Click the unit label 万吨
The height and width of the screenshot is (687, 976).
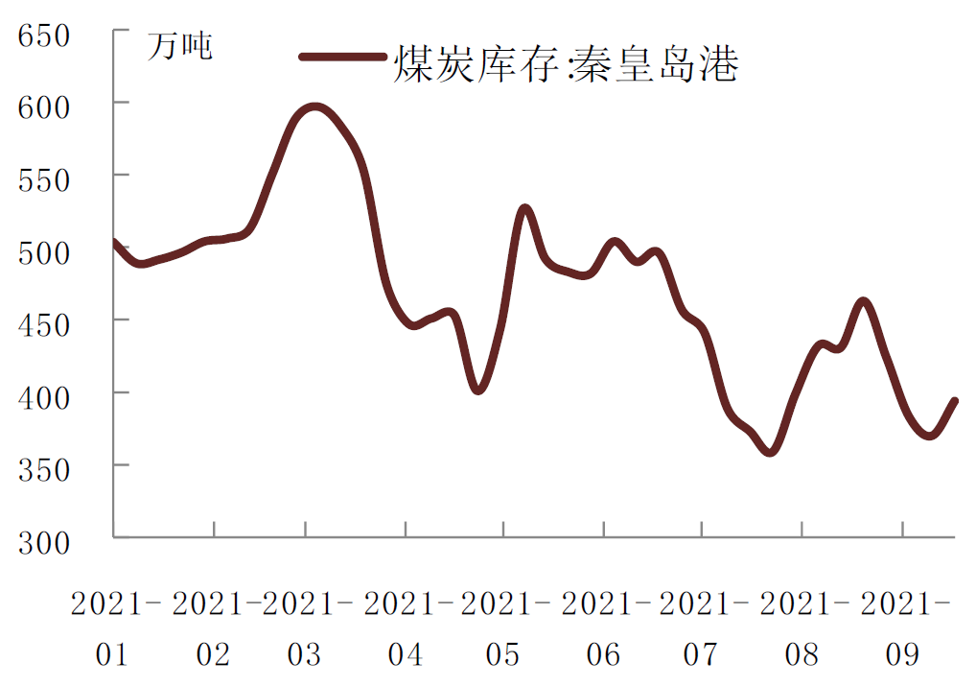click(180, 46)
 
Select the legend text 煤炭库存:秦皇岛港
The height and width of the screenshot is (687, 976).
click(566, 64)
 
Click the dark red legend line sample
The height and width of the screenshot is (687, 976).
click(343, 58)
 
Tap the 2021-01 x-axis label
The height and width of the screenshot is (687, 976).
click(113, 628)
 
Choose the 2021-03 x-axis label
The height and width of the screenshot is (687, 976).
click(305, 628)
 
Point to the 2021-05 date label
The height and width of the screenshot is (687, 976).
click(503, 628)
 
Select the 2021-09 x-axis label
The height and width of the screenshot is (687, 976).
click(902, 628)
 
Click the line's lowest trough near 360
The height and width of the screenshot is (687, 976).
click(769, 451)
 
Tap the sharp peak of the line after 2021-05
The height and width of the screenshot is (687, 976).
click(524, 208)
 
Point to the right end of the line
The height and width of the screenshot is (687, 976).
click(954, 401)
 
